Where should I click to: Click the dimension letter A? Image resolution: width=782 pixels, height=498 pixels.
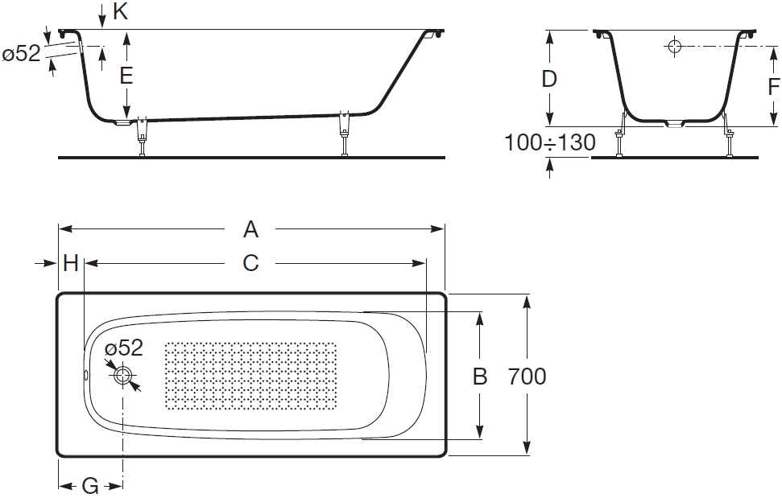[250, 229]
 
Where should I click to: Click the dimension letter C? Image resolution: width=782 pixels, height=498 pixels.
[250, 263]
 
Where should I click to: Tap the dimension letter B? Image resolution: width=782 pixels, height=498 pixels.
[480, 377]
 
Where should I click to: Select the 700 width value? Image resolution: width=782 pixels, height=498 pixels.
[528, 377]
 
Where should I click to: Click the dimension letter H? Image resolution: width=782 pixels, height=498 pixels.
[71, 263]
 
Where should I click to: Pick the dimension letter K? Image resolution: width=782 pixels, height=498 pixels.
[121, 11]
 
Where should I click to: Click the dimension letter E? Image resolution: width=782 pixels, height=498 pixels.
[126, 76]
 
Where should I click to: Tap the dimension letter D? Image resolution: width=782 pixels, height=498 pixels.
[549, 79]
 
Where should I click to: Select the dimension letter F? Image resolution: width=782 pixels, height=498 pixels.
[773, 87]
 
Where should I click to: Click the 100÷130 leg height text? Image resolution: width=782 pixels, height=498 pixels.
[550, 142]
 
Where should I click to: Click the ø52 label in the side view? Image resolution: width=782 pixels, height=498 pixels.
[21, 53]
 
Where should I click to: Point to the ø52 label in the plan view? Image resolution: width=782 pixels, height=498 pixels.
[124, 348]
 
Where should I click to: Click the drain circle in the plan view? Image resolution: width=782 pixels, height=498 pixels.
[122, 375]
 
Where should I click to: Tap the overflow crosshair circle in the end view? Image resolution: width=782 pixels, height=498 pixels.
[674, 46]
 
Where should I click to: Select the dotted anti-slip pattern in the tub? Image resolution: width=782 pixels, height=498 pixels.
[250, 376]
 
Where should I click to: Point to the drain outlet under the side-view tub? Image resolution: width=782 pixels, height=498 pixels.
[122, 122]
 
